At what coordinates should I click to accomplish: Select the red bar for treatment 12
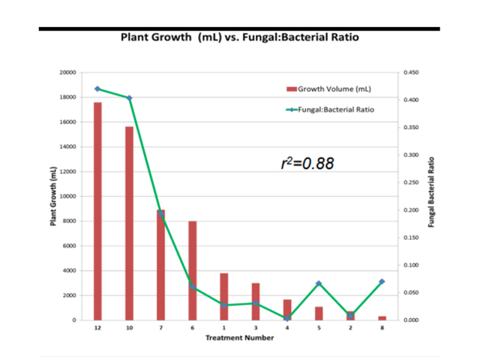(97, 210)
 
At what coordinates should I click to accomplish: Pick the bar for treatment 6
(193, 270)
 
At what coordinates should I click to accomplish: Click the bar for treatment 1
(224, 296)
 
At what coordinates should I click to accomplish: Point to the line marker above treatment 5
(319, 283)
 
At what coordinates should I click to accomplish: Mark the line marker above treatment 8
(382, 281)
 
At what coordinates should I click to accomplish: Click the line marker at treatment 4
(287, 319)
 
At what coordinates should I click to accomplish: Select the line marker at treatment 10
(129, 98)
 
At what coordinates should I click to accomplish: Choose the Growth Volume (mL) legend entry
(329, 88)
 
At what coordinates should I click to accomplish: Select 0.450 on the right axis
(411, 73)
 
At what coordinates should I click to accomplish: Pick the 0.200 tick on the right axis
(411, 210)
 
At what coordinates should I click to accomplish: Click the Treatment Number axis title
(240, 337)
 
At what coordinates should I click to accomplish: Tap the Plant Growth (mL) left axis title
(53, 196)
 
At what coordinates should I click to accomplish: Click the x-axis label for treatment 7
(160, 328)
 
